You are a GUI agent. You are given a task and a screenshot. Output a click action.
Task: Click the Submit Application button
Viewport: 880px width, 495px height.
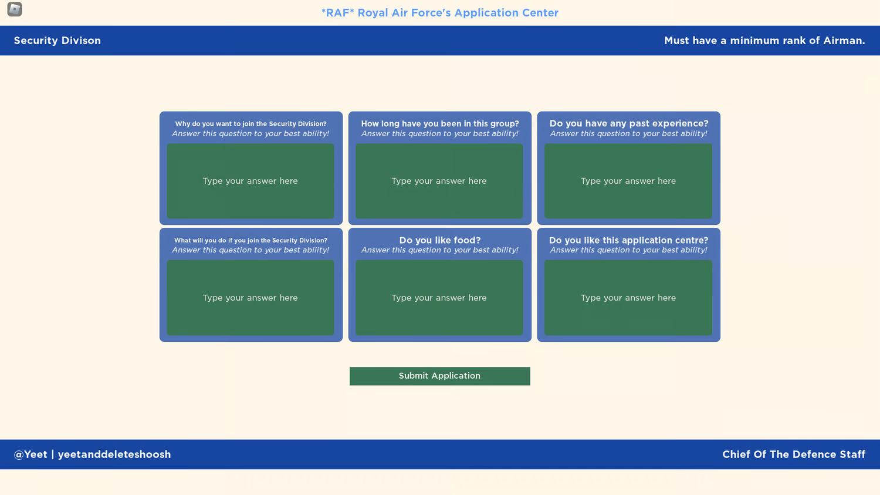click(x=439, y=376)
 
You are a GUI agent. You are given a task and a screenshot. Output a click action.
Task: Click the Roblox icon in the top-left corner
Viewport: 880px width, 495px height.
click(x=15, y=9)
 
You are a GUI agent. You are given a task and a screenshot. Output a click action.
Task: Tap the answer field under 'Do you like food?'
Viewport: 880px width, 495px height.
click(x=439, y=298)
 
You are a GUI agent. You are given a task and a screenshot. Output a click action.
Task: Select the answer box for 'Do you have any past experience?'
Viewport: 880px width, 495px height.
click(x=628, y=181)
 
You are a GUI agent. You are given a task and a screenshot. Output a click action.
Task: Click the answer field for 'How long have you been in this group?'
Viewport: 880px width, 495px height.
click(x=439, y=181)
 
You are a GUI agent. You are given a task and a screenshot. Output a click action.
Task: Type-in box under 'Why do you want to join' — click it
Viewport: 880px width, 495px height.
click(x=251, y=181)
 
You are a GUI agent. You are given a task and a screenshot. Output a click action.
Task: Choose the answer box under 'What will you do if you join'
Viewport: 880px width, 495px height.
click(x=251, y=298)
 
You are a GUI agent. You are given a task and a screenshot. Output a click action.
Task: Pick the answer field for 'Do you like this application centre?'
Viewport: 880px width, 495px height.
click(x=628, y=298)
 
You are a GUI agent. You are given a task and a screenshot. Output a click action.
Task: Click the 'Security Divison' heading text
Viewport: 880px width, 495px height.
click(x=57, y=41)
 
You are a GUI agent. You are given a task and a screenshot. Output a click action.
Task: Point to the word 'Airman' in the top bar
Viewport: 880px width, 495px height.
click(x=843, y=41)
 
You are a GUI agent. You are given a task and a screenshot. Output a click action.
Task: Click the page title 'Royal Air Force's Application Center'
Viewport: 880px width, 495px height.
click(x=458, y=13)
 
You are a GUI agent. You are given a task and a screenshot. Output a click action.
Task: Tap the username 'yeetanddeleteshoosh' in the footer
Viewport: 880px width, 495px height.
click(x=114, y=454)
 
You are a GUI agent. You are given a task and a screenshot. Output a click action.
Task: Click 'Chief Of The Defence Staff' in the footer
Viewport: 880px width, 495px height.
click(x=794, y=454)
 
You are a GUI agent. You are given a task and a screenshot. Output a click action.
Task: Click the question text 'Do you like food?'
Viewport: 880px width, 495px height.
click(x=440, y=240)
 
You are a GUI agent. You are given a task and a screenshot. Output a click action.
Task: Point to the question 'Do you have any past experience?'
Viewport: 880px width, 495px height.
click(x=629, y=123)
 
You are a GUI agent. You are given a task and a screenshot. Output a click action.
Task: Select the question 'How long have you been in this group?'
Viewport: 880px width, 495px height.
click(x=440, y=123)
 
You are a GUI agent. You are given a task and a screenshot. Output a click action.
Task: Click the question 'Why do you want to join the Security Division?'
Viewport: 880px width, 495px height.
click(x=251, y=124)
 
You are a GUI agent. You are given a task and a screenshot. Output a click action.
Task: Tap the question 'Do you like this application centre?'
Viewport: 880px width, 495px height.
click(x=629, y=240)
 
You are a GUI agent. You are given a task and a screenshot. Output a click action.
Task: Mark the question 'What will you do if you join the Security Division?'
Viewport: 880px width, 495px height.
click(x=251, y=240)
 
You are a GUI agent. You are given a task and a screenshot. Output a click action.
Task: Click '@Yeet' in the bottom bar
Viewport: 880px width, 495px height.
click(x=31, y=454)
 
